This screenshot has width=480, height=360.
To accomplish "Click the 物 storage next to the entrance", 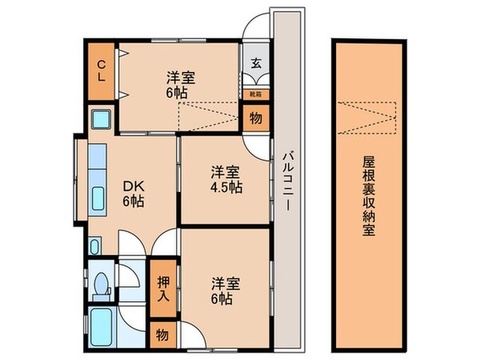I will pyautogui.click(x=255, y=118).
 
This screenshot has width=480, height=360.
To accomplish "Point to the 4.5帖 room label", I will pyautogui.click(x=226, y=180).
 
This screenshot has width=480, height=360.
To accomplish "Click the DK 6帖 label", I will pyautogui.click(x=133, y=192).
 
